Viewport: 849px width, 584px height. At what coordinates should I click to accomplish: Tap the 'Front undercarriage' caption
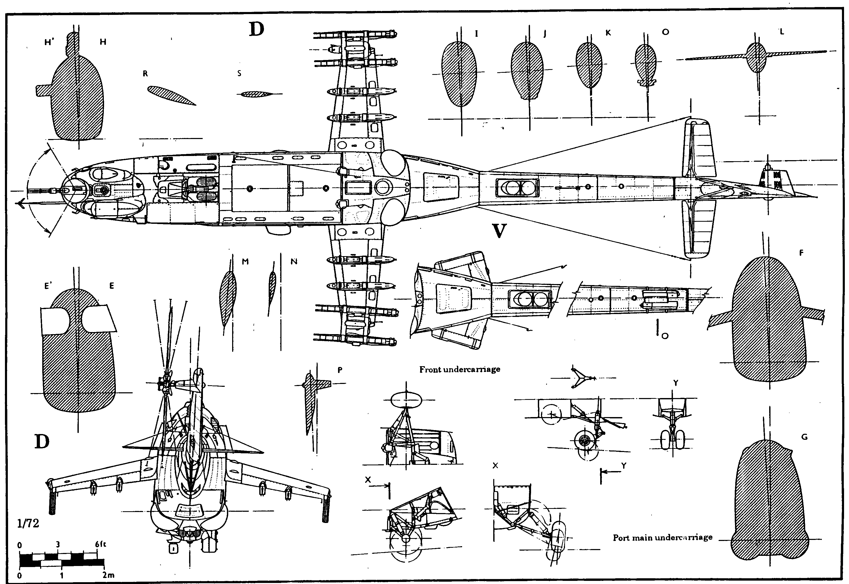pyautogui.click(x=460, y=369)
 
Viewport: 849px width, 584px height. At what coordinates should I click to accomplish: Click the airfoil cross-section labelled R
pyautogui.click(x=171, y=95)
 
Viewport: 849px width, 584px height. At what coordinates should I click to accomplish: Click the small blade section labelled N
pyautogui.click(x=272, y=289)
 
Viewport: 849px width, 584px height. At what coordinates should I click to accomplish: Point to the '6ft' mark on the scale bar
pyautogui.click(x=100, y=544)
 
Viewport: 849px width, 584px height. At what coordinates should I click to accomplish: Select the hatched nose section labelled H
pyautogui.click(x=77, y=92)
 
